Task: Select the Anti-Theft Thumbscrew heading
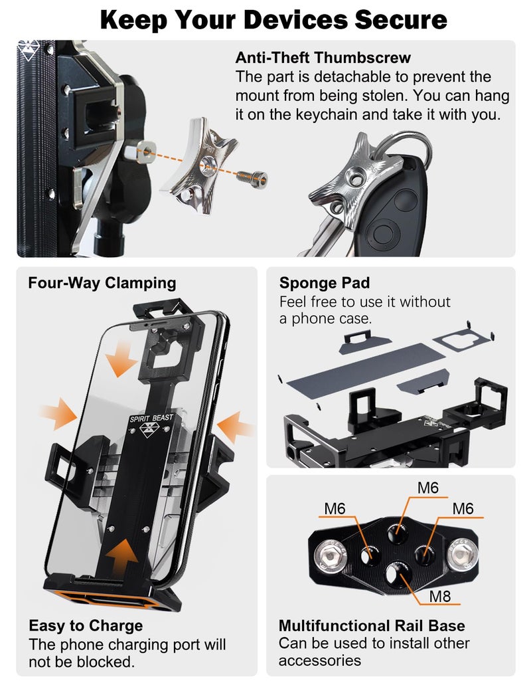tap(323, 58)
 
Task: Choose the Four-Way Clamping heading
tap(102, 283)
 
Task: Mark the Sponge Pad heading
tap(325, 284)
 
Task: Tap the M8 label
tap(439, 595)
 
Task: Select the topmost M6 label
tap(428, 488)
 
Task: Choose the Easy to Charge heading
tap(86, 625)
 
